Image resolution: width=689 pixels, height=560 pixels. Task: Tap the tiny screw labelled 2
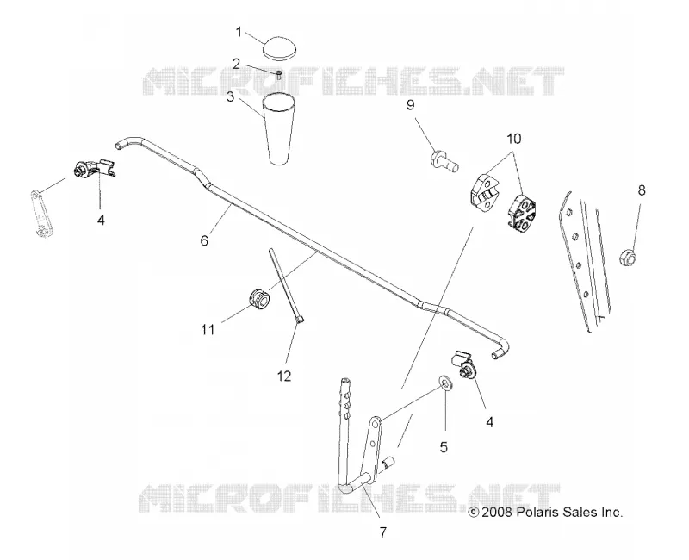(278, 75)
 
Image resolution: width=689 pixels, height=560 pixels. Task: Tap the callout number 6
(204, 240)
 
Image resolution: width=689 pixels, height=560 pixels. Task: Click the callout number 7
(382, 532)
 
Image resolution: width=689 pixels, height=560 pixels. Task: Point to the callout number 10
(513, 139)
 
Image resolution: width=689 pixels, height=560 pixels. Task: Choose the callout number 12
(284, 376)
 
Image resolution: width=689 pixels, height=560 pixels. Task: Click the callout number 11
(208, 329)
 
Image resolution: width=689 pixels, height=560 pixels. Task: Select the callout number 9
(410, 105)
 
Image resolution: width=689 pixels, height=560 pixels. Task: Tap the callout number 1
(239, 32)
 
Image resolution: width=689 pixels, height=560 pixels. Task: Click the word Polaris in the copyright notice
(540, 513)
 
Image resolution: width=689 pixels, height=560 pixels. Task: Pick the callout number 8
(642, 190)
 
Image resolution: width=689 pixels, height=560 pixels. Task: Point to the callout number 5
(444, 447)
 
